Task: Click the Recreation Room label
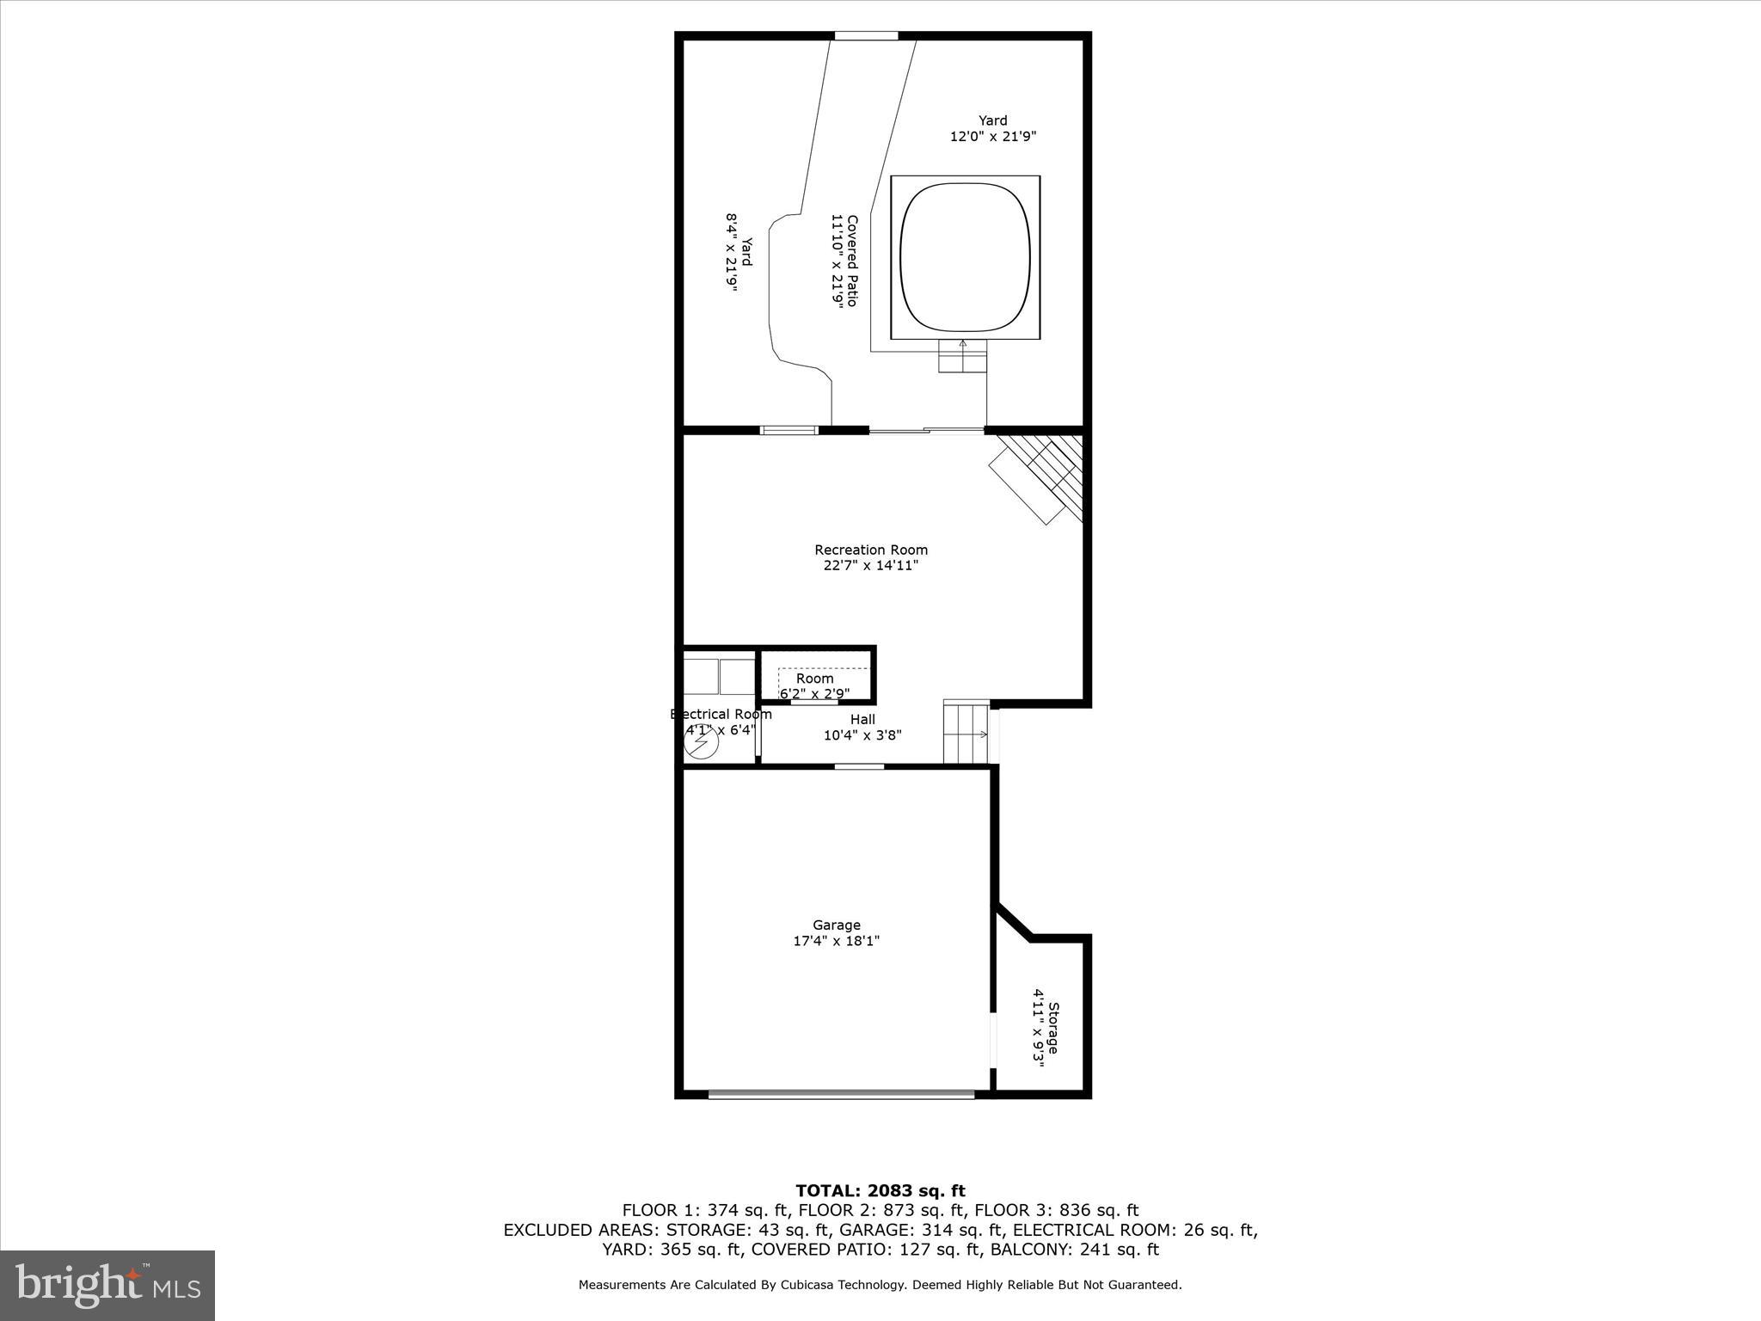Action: tap(871, 550)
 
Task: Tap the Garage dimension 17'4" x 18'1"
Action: tap(836, 941)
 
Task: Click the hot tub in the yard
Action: tap(965, 257)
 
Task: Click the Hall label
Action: tap(862, 720)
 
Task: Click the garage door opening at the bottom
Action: tap(841, 1094)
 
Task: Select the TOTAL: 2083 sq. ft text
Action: tap(880, 1190)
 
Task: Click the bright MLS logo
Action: tap(107, 1285)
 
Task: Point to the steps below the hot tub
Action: tap(962, 356)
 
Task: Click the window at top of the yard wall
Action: tap(866, 36)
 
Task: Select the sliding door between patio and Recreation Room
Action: tap(926, 430)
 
